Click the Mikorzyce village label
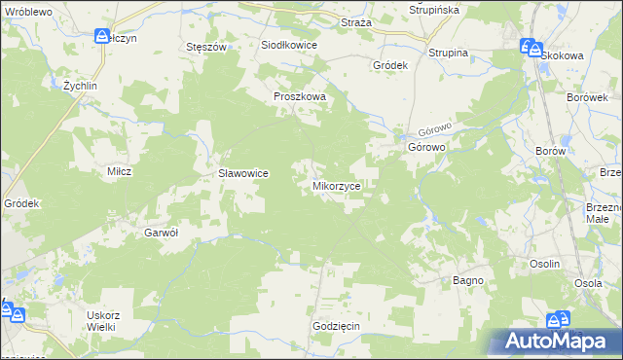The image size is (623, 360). click(x=337, y=184)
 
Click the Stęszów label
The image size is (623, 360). click(x=205, y=46)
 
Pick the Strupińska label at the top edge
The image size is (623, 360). click(x=433, y=10)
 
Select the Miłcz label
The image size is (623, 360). click(x=119, y=170)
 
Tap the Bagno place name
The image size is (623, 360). click(x=468, y=280)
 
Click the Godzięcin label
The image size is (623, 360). click(x=337, y=326)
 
